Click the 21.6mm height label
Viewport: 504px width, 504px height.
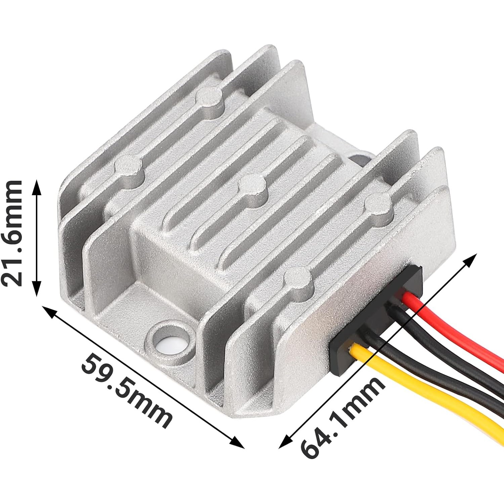13,233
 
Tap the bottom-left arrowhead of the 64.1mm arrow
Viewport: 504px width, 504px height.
284,444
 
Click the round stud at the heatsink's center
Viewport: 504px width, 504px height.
252,188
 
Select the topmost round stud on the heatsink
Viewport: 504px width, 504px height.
209,97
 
